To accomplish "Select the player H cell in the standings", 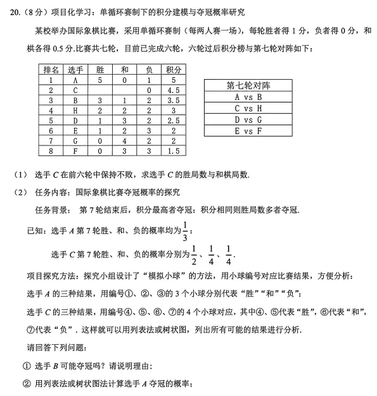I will coord(75,111).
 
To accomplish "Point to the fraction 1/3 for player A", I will coord(185,230).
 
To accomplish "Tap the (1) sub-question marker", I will coord(20,175).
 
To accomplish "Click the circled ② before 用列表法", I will coord(27,383).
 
